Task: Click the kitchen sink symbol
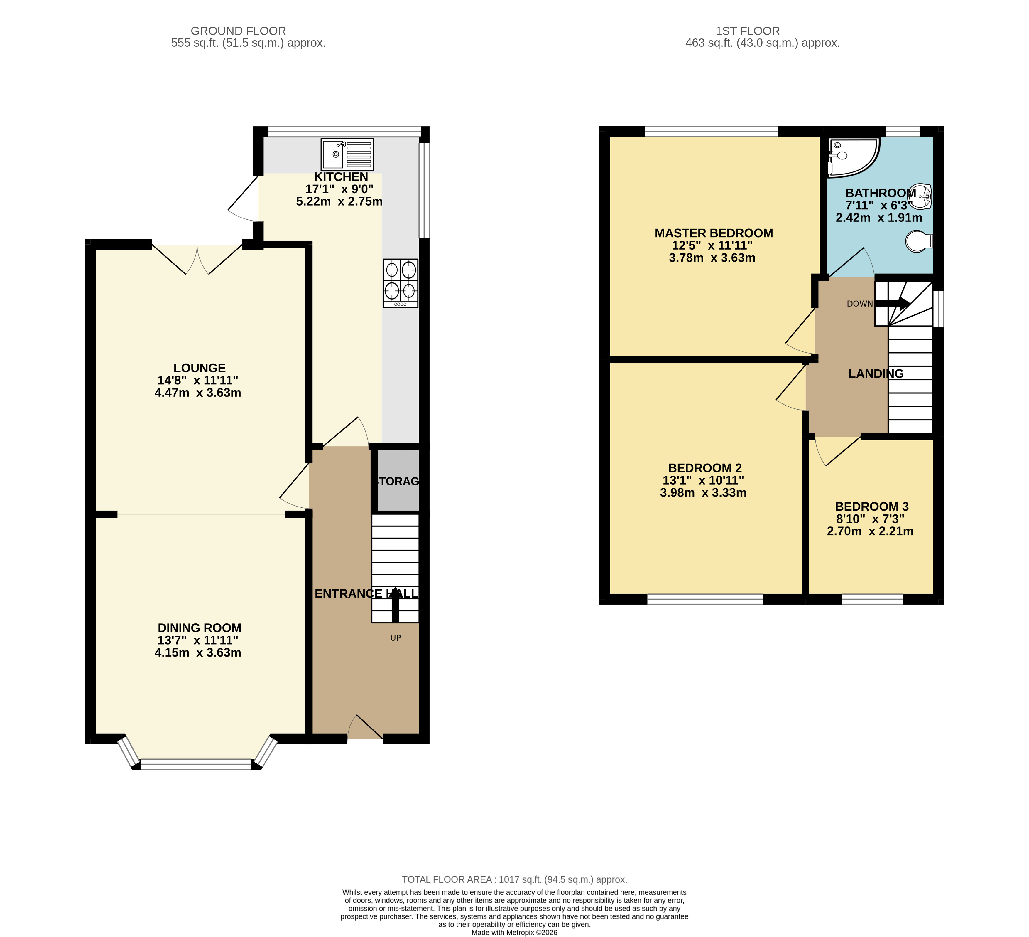347,154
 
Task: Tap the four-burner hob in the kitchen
401,283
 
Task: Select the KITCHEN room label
341,177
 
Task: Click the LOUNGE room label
200,368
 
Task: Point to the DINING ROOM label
200,628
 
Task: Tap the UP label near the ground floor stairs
396,637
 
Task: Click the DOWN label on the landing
859,304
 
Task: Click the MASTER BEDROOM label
714,233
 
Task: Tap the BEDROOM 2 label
705,468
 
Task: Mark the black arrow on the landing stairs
892,304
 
